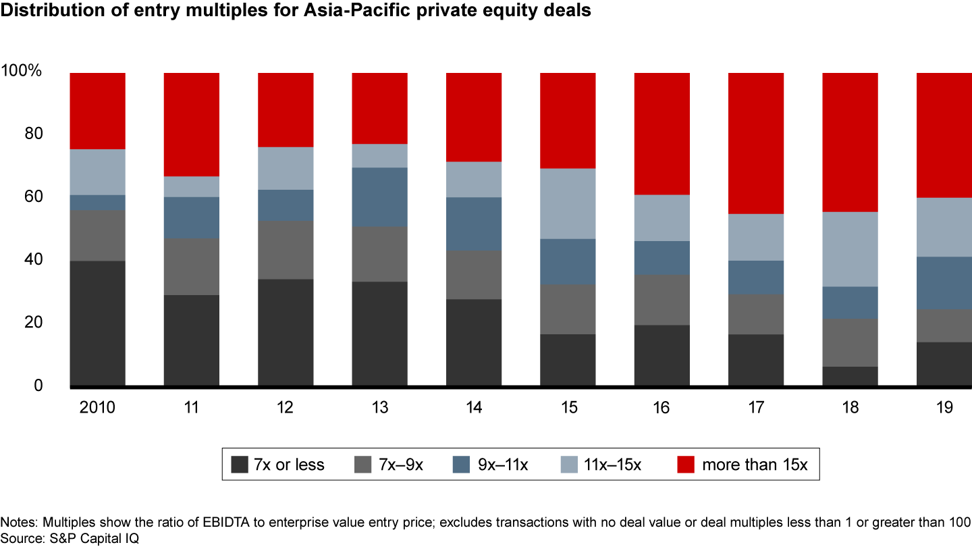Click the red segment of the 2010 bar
coord(97,111)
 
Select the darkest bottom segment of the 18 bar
coord(849,376)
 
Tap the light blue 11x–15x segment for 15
coord(568,203)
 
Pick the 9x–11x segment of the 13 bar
coord(379,197)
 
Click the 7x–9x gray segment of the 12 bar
coord(286,250)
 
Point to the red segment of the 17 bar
coord(755,143)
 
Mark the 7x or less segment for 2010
coord(97,323)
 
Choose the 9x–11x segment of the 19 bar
coord(944,283)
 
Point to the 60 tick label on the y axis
coord(32,197)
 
